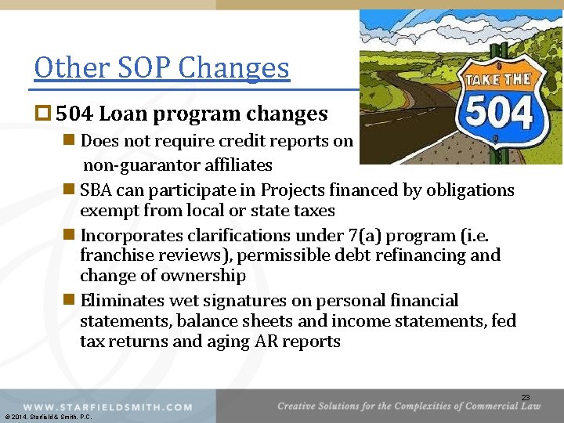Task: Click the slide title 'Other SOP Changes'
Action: coord(162,69)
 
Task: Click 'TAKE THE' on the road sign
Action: coord(498,80)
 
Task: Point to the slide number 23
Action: coord(526,397)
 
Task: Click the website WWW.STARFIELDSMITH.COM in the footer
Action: coord(108,407)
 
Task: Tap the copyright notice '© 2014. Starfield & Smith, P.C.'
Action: coord(48,417)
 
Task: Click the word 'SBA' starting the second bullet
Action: coord(96,190)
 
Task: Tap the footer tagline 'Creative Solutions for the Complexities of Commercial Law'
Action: coord(408,405)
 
